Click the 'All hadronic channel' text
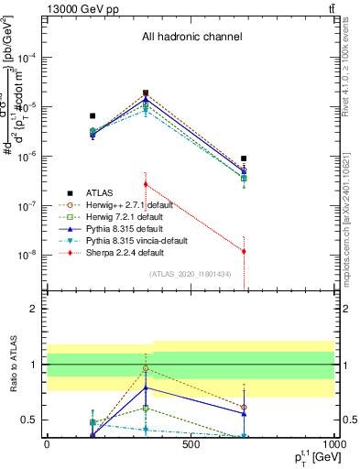pos(191,38)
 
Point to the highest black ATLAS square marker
pos(146,93)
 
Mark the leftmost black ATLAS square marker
pos(93,116)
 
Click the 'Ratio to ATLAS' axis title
pos(14,365)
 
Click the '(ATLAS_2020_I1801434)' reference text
pos(191,274)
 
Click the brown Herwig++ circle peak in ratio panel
pos(146,368)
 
